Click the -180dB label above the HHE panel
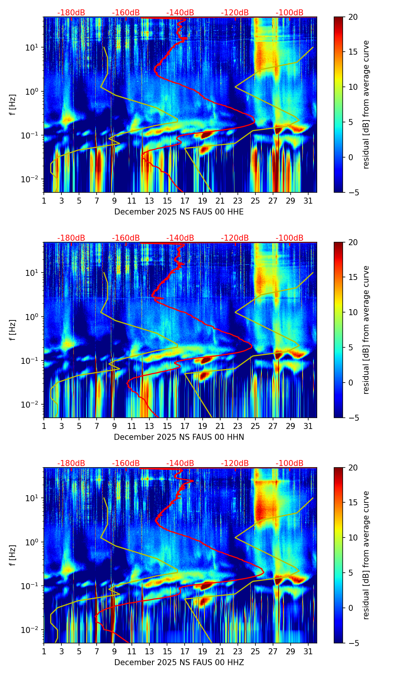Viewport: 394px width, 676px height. tap(71, 13)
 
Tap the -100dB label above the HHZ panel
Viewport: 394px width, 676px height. tap(290, 463)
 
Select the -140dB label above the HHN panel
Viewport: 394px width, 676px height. tap(180, 238)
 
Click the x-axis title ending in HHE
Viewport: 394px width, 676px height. tap(179, 212)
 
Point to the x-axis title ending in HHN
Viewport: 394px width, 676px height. tap(179, 437)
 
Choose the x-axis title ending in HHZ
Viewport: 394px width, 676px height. tap(179, 663)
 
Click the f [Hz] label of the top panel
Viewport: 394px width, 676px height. tap(13, 104)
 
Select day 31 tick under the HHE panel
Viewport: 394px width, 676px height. tap(308, 201)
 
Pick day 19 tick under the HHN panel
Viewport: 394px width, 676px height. tap(202, 426)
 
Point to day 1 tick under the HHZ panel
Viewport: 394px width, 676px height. tap(44, 651)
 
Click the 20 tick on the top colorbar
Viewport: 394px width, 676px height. tap(353, 17)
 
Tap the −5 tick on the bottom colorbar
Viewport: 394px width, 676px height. tap(353, 643)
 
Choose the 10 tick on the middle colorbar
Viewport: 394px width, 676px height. tap(353, 312)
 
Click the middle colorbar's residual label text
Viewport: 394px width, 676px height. tap(366, 330)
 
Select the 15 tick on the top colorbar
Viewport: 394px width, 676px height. tap(353, 52)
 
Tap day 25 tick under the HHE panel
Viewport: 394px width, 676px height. tap(255, 201)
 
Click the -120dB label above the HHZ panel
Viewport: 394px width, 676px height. tap(235, 463)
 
